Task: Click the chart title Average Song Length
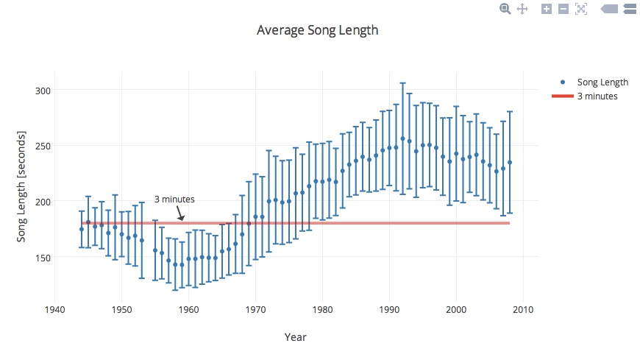pos(317,30)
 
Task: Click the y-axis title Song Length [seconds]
pos(21,187)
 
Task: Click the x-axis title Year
pos(295,337)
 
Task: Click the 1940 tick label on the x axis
pos(55,309)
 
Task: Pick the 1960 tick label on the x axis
pos(189,309)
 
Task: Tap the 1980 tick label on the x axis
pos(323,309)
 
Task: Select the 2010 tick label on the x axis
pos(523,309)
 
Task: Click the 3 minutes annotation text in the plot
pos(174,200)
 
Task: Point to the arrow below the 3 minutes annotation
pos(180,213)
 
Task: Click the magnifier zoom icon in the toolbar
pos(505,9)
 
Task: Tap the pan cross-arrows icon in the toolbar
pos(523,9)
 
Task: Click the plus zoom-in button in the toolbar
pos(547,9)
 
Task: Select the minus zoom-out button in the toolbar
pos(563,9)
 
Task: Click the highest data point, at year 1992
pos(402,138)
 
